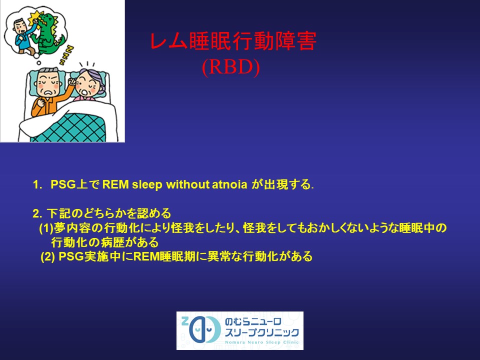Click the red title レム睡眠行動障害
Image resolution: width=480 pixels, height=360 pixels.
233,43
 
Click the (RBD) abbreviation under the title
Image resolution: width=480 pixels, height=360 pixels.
230,67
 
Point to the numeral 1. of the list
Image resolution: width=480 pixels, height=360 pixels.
37,185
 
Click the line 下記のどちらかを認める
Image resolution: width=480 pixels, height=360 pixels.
109,214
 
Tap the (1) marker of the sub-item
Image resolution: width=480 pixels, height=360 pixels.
46,228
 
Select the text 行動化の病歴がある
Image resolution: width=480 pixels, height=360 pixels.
105,242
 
